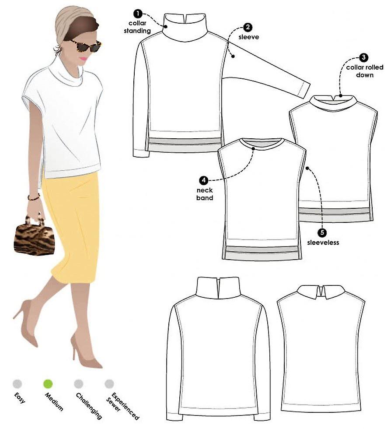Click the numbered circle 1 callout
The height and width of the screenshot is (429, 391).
138,14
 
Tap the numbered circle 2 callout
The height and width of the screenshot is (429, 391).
248,27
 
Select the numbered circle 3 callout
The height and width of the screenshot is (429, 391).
363,57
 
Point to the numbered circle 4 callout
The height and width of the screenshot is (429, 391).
204,180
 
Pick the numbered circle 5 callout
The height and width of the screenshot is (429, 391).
322,232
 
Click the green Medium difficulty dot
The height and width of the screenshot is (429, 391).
48,384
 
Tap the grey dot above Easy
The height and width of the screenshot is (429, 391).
17,384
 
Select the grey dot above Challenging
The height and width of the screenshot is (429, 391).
78,384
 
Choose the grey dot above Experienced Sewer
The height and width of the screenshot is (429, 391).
109,384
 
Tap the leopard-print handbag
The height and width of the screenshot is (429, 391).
34,236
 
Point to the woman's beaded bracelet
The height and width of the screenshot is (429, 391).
34,197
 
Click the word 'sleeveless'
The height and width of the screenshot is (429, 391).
323,243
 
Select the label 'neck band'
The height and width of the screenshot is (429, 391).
205,194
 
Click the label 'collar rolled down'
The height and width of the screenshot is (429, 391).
365,71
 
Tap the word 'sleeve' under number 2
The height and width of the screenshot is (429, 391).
248,37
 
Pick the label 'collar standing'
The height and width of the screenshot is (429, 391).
137,27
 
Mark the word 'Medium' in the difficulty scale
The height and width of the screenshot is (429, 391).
54,402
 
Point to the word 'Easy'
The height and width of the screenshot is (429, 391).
20,398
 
